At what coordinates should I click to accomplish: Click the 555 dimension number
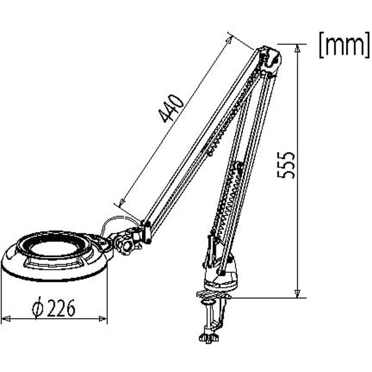point(286,165)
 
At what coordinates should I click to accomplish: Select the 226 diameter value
point(61,308)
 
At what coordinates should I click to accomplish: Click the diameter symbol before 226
point(38,308)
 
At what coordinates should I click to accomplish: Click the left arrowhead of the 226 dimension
point(6,319)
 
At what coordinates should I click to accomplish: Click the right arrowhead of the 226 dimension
point(103,319)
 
